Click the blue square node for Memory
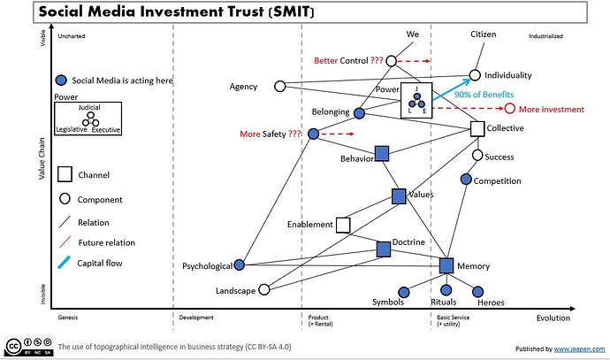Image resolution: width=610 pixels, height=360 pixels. click(446, 265)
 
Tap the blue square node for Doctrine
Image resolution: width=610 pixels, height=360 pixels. click(384, 249)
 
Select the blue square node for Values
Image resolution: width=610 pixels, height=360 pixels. click(399, 196)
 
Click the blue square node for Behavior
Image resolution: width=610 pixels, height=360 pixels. click(382, 153)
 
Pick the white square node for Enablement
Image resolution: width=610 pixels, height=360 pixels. click(343, 225)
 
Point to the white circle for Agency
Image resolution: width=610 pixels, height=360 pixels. click(280, 87)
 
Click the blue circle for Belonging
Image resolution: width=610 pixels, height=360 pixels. click(359, 113)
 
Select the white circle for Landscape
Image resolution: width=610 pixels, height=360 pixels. click(263, 289)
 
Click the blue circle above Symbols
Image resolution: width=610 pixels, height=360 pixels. click(404, 291)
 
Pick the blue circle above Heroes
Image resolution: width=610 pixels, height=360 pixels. click(478, 291)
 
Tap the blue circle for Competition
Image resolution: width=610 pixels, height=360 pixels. click(467, 180)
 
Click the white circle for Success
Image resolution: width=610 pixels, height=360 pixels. click(477, 156)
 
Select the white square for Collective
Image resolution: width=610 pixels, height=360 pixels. click(477, 129)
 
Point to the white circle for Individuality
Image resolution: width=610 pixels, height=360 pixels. click(475, 75)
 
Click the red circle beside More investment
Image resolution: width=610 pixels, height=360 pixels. click(509, 109)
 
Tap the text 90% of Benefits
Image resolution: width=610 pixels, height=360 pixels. click(484, 95)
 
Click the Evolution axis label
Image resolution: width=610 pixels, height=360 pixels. click(553, 318)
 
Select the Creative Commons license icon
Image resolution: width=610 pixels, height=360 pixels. click(27, 346)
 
